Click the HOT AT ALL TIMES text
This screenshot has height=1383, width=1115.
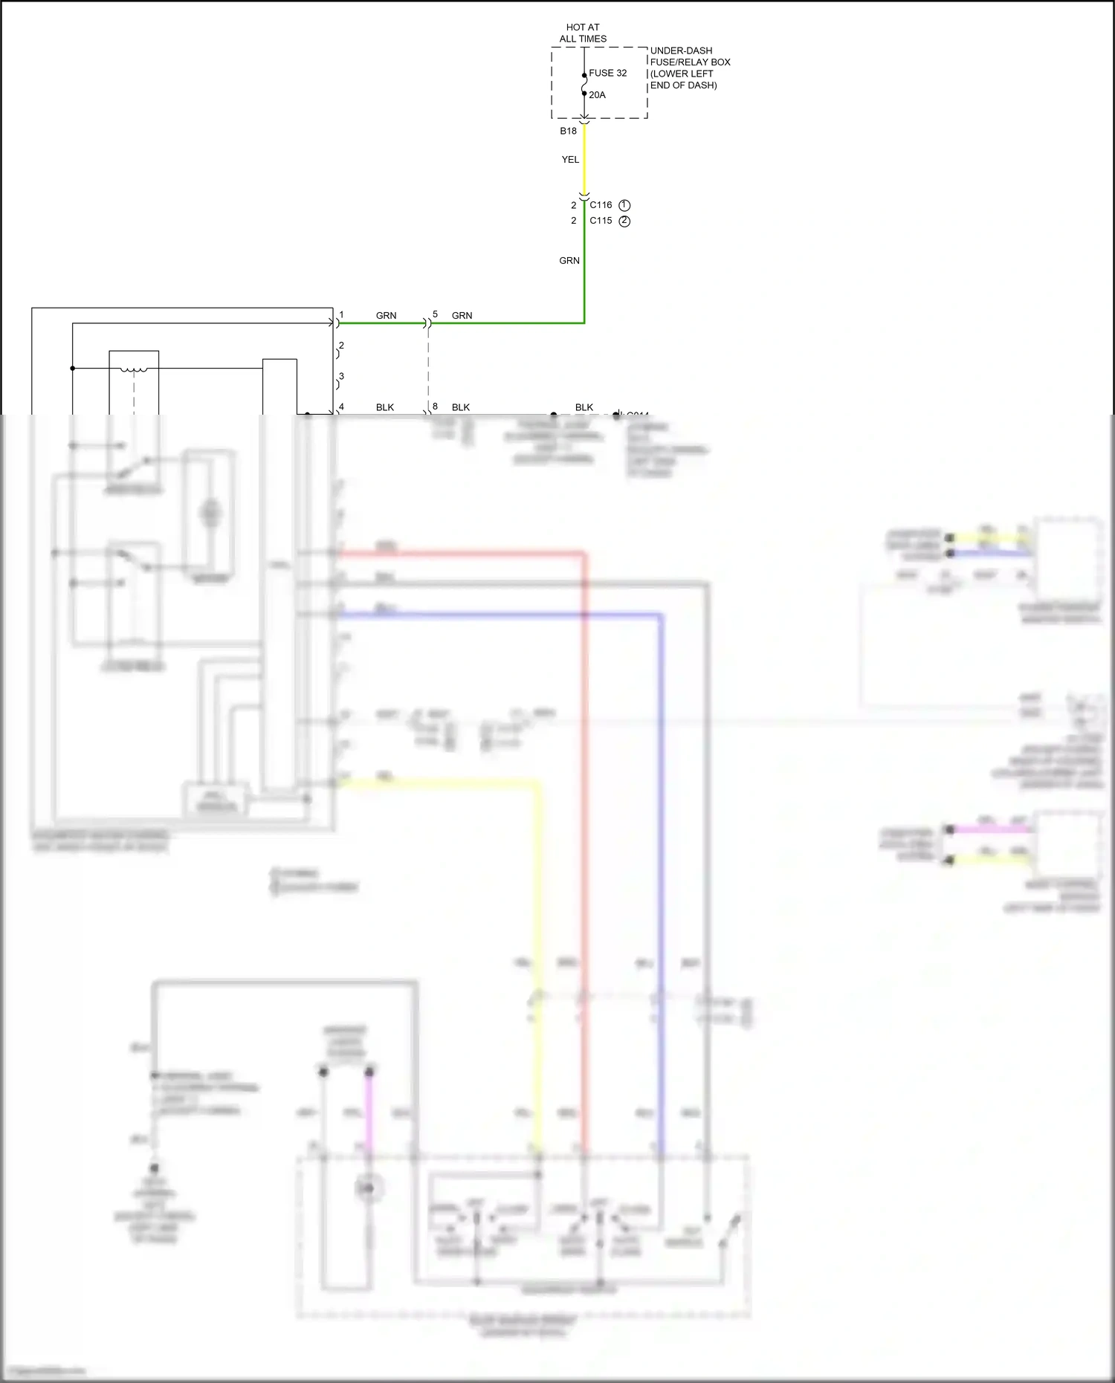coord(583,33)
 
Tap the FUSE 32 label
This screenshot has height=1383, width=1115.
coord(607,73)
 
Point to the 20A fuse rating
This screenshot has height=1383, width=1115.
coord(597,95)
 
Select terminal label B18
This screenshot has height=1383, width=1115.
coord(568,131)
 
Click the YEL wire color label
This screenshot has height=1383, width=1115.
coord(570,160)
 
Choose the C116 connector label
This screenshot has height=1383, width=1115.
coord(601,205)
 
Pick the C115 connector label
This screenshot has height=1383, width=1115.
coord(601,221)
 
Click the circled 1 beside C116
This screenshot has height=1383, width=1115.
coord(624,205)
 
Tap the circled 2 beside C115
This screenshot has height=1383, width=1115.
coord(624,221)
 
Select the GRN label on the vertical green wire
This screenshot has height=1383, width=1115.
coord(569,261)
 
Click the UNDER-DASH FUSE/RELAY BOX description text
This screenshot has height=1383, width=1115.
coord(690,68)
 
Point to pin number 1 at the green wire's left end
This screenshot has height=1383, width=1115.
coord(341,315)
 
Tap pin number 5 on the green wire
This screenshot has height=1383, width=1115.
coord(435,314)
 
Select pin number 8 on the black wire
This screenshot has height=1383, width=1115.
coord(435,407)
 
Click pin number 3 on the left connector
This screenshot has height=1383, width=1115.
coord(341,377)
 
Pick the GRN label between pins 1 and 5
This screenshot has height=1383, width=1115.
coord(386,316)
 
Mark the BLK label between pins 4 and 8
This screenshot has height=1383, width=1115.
coord(385,407)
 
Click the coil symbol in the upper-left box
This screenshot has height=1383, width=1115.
coord(134,369)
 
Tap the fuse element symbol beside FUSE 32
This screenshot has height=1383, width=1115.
coord(584,85)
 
